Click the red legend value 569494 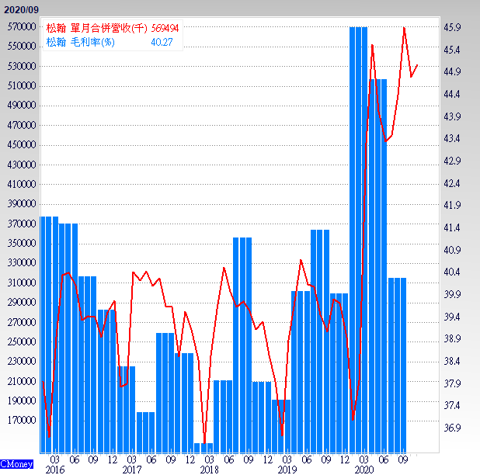(165, 27)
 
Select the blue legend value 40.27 (162, 42)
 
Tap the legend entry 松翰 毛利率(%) (81, 42)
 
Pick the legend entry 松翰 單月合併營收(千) (96, 27)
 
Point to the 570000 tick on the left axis (23, 27)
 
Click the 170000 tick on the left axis (23, 421)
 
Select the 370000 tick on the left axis (23, 224)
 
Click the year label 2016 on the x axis (54, 470)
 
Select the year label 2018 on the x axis (209, 470)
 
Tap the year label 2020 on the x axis (364, 470)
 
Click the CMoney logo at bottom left (17, 464)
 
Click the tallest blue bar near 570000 (358, 233)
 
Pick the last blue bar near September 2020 (397, 365)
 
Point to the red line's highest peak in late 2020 (405, 29)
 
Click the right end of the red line (417, 65)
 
